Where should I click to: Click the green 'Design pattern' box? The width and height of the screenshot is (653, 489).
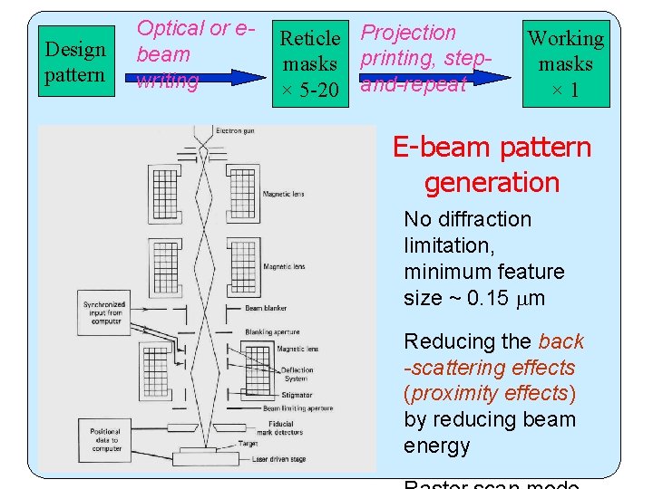(74, 62)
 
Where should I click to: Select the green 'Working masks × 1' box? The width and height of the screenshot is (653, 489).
(565, 64)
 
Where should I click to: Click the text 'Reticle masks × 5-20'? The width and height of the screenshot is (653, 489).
(310, 64)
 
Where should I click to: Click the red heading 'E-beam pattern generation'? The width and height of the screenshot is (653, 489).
(492, 164)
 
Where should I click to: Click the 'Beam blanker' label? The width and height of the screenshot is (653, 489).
(266, 308)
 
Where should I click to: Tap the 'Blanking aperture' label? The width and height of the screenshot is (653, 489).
(272, 332)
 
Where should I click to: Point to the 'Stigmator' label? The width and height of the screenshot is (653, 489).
(297, 395)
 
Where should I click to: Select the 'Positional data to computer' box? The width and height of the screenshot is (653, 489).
(105, 439)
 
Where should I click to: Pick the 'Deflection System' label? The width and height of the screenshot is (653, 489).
(297, 375)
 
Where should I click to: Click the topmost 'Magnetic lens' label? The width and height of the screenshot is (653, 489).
(283, 194)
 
